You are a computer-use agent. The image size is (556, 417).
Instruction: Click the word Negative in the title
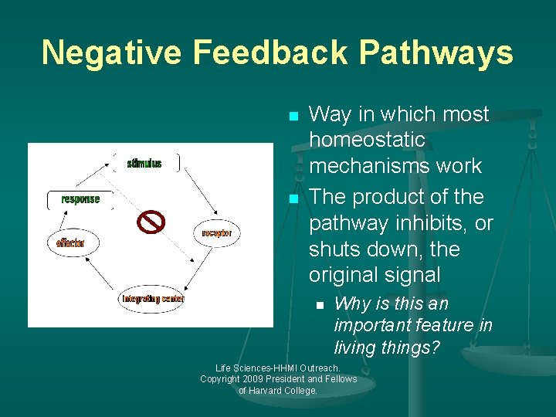(x=112, y=53)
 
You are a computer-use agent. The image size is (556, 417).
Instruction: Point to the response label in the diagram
(x=80, y=199)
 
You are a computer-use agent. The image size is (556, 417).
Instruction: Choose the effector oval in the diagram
(x=70, y=243)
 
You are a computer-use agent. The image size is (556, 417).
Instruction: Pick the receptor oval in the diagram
(x=217, y=232)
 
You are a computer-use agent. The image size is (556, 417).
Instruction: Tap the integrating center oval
(x=152, y=298)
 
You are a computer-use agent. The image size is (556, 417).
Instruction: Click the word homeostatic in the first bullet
(x=367, y=140)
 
